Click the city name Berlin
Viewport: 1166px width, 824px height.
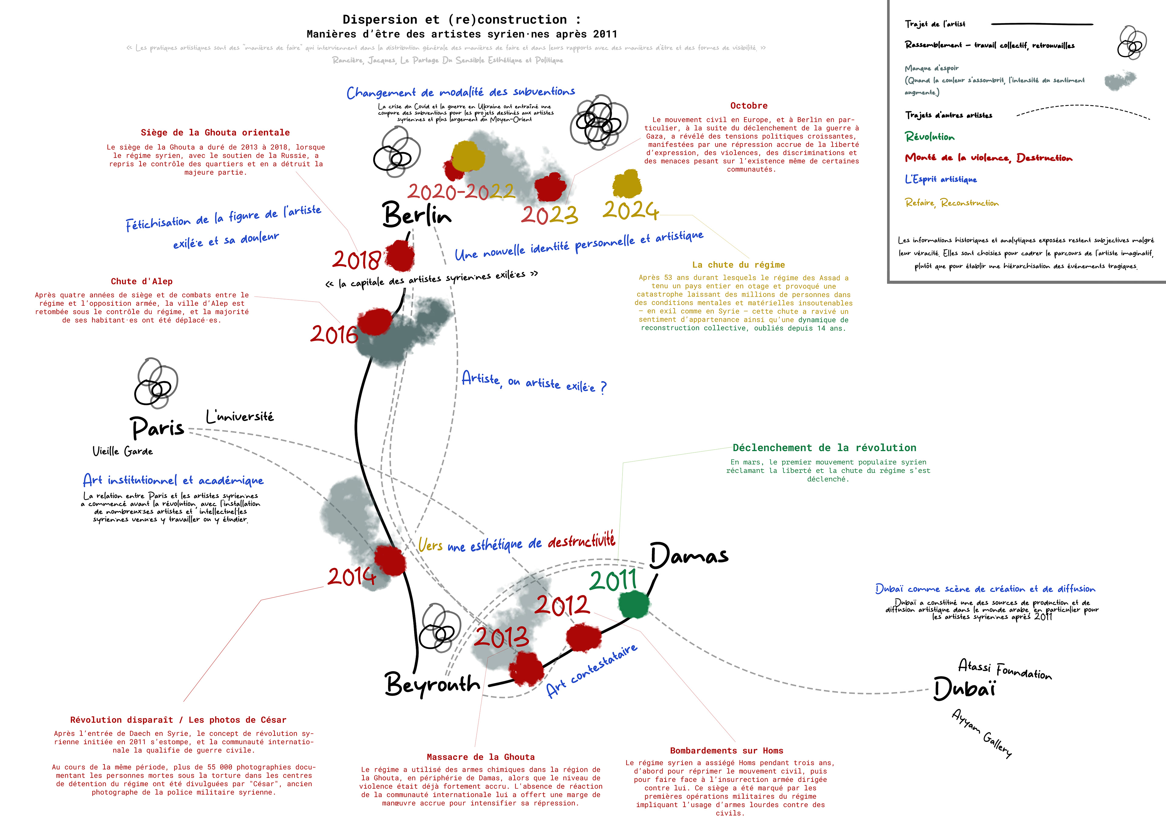pos(416,214)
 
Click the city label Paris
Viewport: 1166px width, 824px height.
pos(157,428)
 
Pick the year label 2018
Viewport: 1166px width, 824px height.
pos(356,260)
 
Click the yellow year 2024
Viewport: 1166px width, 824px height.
pos(631,210)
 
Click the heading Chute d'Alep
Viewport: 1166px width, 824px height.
pos(142,282)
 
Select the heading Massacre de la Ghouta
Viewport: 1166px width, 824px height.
pos(480,757)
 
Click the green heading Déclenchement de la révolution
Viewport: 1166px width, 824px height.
pos(824,447)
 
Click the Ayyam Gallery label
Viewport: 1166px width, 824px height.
pos(981,733)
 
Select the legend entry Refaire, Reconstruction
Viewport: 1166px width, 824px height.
pos(951,203)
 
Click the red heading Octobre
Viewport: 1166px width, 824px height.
pos(748,106)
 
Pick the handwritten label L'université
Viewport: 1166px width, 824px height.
pos(240,417)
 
